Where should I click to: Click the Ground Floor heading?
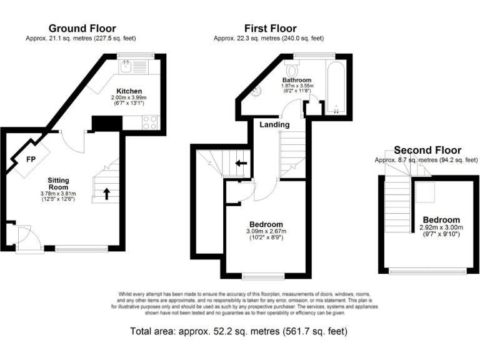(x=82, y=28)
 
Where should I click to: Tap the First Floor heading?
(x=270, y=28)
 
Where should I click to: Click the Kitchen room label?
(x=129, y=91)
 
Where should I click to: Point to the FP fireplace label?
(x=30, y=159)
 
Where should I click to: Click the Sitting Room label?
(x=59, y=184)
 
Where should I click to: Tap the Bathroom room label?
(x=296, y=80)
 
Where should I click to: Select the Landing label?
(x=275, y=124)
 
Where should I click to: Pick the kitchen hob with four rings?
(x=150, y=122)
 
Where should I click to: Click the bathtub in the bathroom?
(x=336, y=88)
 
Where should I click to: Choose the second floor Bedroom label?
(x=441, y=220)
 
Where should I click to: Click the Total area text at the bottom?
(x=238, y=331)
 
